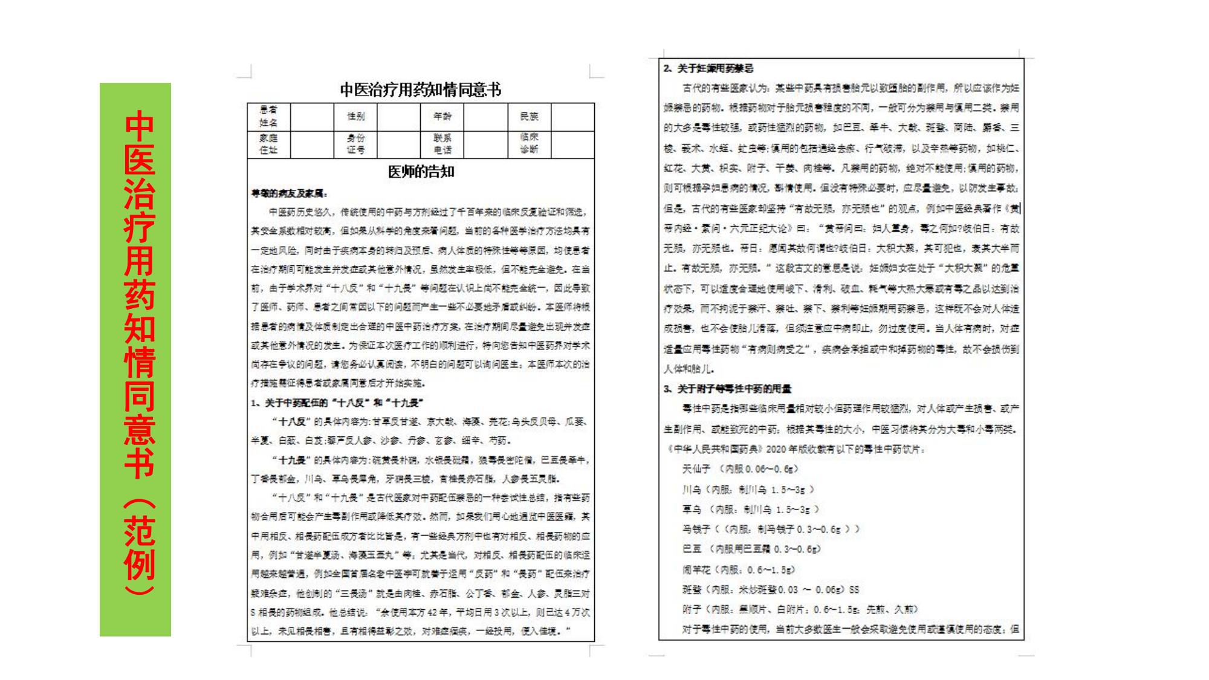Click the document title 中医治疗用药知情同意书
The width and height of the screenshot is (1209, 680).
[421, 90]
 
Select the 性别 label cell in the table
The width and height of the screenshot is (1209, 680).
[355, 117]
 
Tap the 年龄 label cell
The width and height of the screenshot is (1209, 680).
[442, 117]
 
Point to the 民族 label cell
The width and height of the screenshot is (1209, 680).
[529, 117]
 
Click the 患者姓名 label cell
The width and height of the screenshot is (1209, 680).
[268, 117]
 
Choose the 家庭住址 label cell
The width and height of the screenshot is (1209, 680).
[268, 144]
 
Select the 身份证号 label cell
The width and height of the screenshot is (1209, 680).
[355, 144]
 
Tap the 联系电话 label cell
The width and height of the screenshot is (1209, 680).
[442, 144]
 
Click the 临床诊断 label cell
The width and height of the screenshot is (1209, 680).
[529, 144]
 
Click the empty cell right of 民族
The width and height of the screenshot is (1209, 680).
[572, 117]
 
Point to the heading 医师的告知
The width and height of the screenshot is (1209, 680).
[421, 172]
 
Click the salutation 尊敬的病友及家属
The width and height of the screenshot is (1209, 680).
[289, 193]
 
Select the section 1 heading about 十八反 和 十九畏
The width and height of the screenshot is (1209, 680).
[337, 403]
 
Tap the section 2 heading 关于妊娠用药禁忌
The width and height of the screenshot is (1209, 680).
[708, 68]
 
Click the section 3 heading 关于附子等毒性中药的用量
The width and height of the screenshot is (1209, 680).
[728, 389]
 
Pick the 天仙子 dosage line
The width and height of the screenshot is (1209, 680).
[740, 469]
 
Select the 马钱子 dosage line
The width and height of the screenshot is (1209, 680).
[770, 529]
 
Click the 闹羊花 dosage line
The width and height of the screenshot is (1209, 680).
[738, 569]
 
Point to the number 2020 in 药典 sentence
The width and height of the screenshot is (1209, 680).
[776, 449]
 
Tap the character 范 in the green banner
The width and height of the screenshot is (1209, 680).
[140, 531]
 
